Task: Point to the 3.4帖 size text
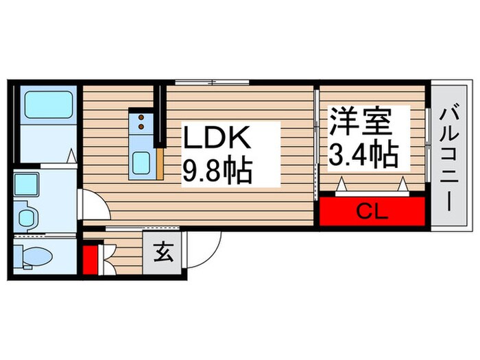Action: click(363, 156)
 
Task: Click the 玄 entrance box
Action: click(163, 254)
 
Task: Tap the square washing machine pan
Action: click(29, 184)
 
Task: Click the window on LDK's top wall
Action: click(213, 82)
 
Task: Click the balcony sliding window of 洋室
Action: click(427, 144)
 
